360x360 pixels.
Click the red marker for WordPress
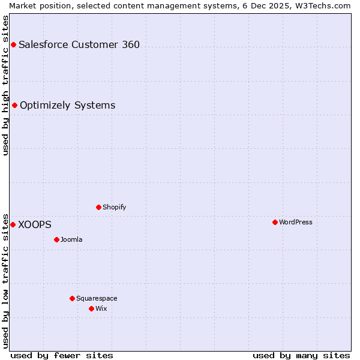click(275, 222)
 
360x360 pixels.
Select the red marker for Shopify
click(98, 207)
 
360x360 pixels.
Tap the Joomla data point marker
click(56, 239)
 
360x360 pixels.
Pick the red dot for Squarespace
click(72, 298)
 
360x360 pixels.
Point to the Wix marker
click(91, 308)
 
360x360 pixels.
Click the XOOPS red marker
click(13, 224)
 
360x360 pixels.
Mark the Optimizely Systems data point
click(14, 105)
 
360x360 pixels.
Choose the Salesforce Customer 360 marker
click(13, 44)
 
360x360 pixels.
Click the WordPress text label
click(295, 222)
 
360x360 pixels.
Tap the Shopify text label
click(114, 207)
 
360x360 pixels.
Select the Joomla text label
click(71, 239)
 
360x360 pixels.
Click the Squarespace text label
click(97, 298)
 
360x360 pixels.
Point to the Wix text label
click(101, 308)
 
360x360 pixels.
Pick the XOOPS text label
click(35, 224)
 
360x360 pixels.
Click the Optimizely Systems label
click(67, 105)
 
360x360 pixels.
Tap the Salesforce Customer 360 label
click(79, 44)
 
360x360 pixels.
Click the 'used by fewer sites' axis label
click(62, 355)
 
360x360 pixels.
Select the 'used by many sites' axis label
click(301, 355)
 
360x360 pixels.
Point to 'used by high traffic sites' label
click(5, 85)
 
